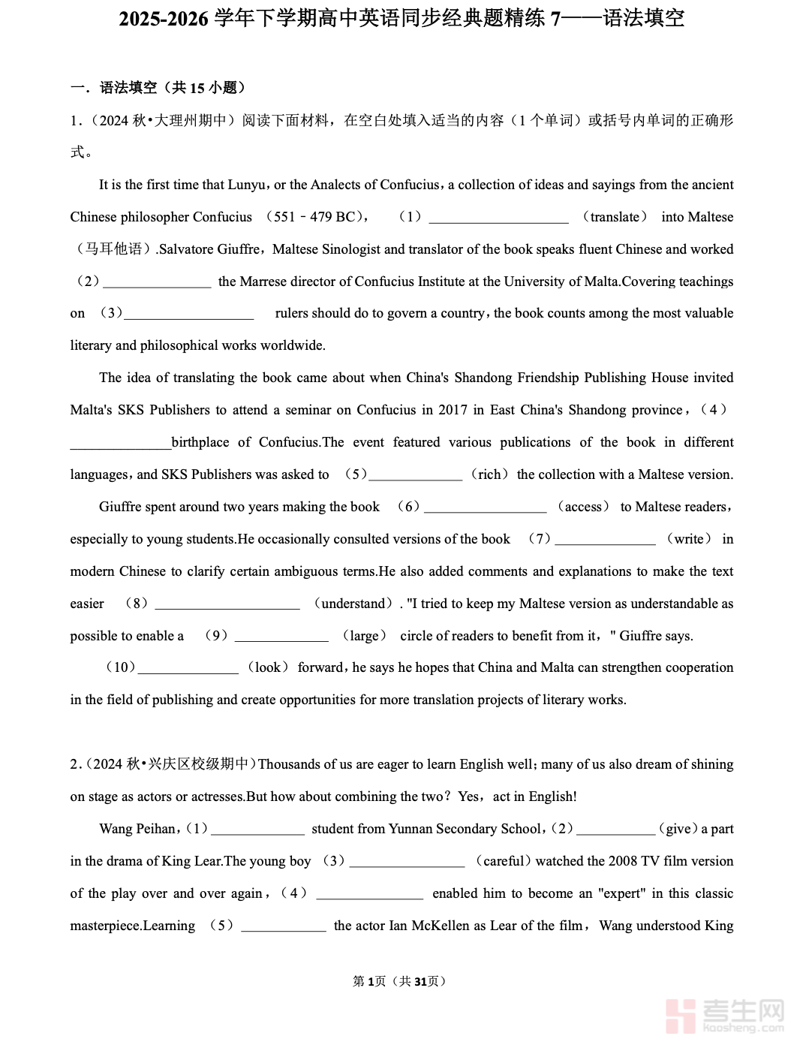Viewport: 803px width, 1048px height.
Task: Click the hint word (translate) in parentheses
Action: coord(615,217)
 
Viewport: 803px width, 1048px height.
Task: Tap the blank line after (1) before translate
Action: coord(498,218)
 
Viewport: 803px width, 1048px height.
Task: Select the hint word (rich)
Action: coord(489,474)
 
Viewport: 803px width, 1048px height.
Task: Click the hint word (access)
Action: coord(583,507)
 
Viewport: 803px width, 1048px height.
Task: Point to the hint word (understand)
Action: coord(353,604)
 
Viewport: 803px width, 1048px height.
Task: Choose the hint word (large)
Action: coord(365,636)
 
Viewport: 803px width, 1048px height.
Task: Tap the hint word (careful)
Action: coord(503,861)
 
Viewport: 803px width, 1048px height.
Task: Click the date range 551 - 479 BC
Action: coord(314,217)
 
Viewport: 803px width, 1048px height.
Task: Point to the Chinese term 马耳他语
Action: coord(113,249)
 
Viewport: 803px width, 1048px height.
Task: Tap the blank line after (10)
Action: coord(188,669)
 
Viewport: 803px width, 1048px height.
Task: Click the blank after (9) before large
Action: coord(281,637)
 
